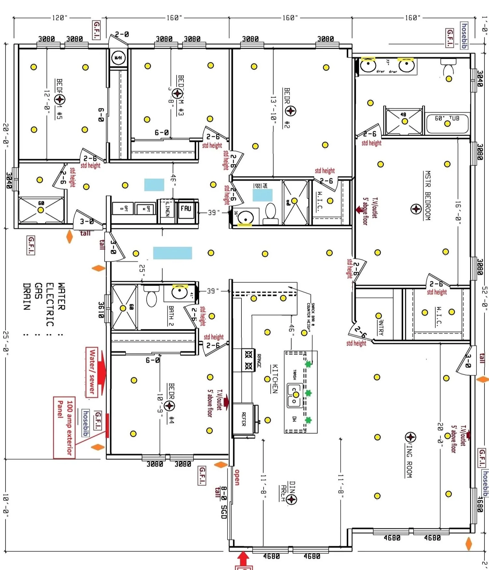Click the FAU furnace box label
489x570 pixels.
click(186, 208)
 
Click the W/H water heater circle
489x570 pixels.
click(118, 58)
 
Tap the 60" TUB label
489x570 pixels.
click(447, 118)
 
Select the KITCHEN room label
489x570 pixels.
click(275, 379)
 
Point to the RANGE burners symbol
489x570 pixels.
click(249, 360)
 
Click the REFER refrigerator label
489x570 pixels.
click(244, 419)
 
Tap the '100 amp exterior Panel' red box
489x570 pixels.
click(64, 427)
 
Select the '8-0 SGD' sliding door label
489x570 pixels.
click(223, 502)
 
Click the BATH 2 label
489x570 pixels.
click(171, 316)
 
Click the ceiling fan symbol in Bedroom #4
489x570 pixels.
click(169, 406)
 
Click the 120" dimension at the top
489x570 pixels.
click(60, 18)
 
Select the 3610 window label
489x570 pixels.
click(101, 310)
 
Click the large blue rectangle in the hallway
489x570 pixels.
click(172, 253)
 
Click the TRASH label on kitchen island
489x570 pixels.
click(294, 374)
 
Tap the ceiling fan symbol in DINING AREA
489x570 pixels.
click(292, 499)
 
